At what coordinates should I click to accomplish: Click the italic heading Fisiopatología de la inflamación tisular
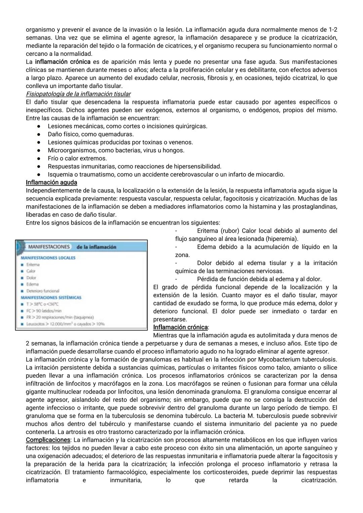click(78, 94)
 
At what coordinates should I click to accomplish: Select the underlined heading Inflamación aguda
click(51, 183)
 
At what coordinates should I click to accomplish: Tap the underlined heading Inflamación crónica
click(180, 327)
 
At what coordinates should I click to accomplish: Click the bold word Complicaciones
click(48, 440)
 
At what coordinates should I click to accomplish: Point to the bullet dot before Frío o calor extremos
click(39, 159)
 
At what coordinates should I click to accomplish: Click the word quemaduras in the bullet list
click(115, 134)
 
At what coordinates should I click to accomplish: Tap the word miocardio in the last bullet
click(270, 175)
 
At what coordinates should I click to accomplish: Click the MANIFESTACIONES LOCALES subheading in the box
click(48, 258)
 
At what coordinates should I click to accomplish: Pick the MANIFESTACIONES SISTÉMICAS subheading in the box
click(51, 298)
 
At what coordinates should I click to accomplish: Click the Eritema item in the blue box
click(33, 265)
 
